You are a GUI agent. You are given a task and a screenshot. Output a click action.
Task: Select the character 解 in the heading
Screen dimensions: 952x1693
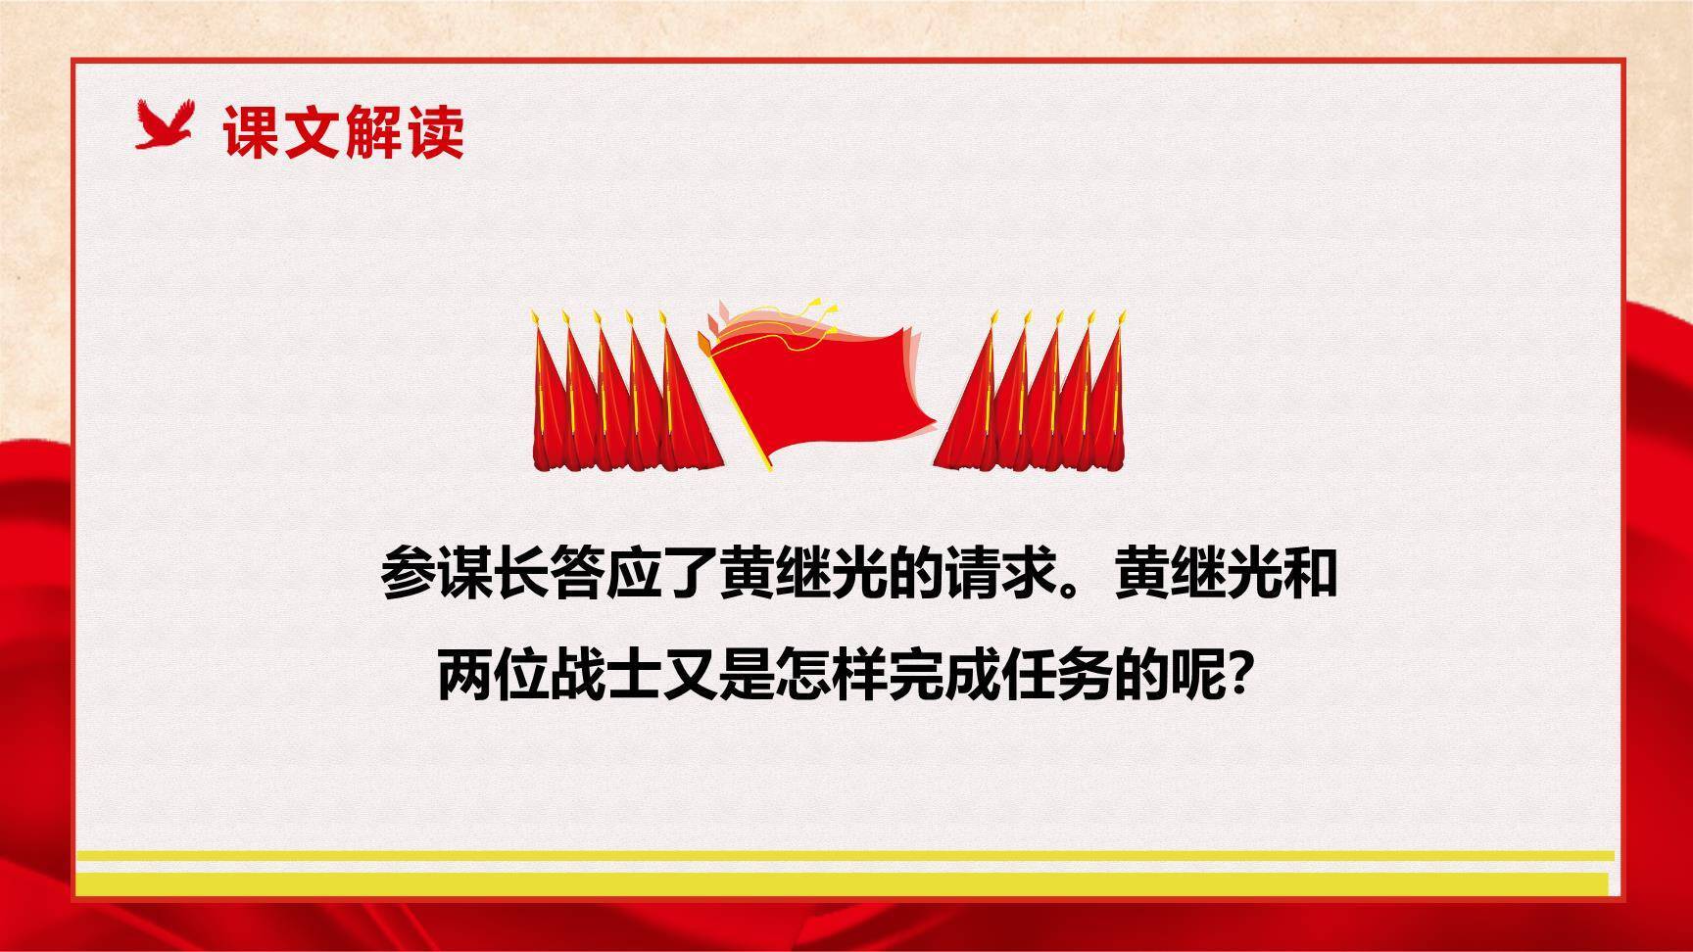[373, 132]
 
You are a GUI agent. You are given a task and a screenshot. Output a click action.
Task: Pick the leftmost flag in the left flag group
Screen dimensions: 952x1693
[550, 402]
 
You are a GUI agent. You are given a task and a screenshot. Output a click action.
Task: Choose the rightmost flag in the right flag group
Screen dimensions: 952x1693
[1108, 402]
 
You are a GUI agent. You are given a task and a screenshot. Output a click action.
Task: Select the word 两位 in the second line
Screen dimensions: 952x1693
[492, 676]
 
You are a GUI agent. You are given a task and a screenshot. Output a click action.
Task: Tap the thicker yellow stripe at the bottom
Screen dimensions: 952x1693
[843, 883]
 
